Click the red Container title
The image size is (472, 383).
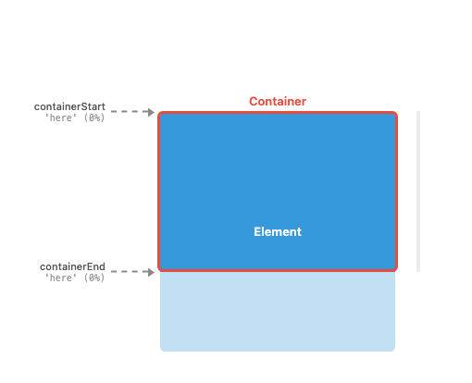click(278, 102)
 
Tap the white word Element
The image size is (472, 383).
click(278, 232)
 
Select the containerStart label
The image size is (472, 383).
click(69, 106)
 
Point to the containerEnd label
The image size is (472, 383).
click(72, 266)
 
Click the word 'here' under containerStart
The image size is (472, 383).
click(61, 117)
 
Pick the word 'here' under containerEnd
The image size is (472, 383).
click(61, 278)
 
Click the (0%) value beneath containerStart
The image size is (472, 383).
click(94, 117)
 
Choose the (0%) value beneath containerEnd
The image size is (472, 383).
click(94, 278)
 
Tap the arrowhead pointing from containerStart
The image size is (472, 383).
click(151, 112)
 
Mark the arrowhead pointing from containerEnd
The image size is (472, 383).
click(151, 272)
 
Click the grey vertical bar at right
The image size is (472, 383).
click(418, 191)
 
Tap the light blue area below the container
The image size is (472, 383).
click(278, 312)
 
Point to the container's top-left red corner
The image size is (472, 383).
click(159, 113)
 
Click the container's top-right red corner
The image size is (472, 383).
click(396, 113)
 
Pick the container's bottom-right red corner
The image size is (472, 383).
click(396, 270)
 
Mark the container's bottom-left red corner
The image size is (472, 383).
click(159, 270)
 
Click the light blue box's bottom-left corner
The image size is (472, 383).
click(161, 350)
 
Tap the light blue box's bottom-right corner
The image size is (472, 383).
click(394, 350)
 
